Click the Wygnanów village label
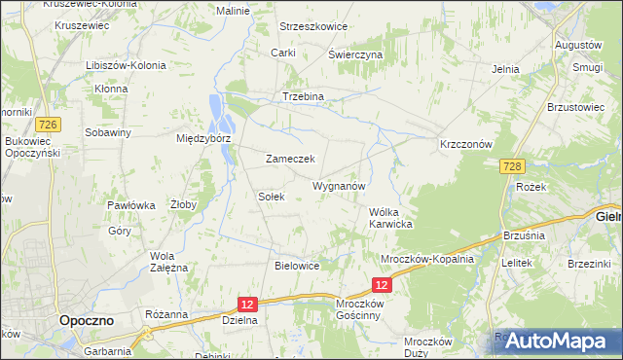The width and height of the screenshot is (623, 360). pos(338,185)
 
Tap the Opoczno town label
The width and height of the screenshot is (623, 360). pos(86,319)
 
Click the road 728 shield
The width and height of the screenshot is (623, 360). pos(515,167)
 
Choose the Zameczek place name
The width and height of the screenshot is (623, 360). pos(289,159)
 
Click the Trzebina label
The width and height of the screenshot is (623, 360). pos(302,97)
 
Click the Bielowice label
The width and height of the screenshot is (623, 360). pos(298,265)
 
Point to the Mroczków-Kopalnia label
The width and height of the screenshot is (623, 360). pos(426,260)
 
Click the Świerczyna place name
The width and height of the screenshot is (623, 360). pos(354,55)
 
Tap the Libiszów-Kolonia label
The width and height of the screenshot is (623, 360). pos(126,65)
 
